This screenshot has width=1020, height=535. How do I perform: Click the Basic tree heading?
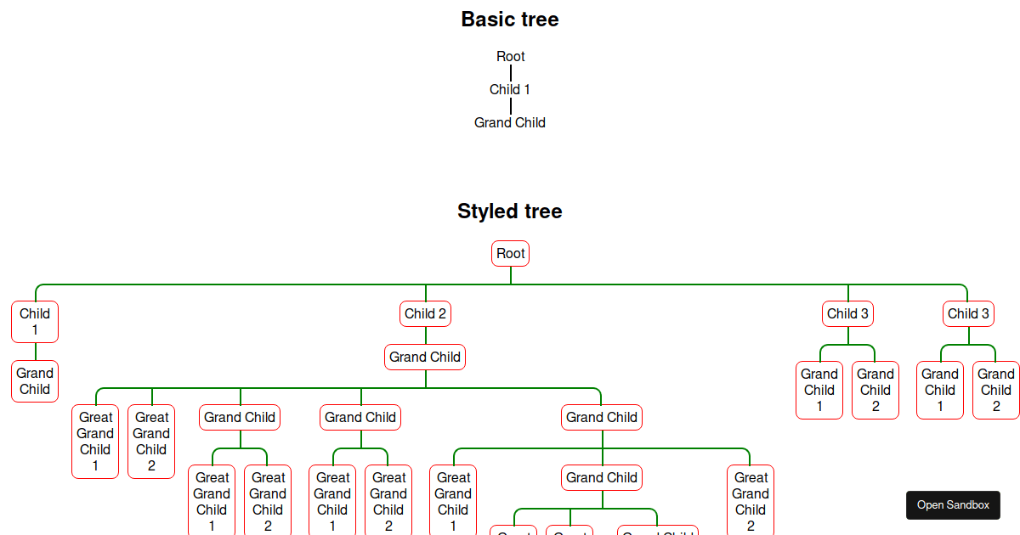point(510,19)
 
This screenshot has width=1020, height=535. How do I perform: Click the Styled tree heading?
point(510,211)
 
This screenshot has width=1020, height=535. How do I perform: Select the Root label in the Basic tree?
point(511,56)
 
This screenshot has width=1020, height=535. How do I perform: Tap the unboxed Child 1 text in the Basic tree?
point(510,89)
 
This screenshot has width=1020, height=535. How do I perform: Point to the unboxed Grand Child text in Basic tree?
point(510,122)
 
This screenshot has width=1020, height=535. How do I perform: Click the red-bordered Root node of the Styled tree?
point(511,253)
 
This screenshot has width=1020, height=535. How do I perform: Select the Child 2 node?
point(425,313)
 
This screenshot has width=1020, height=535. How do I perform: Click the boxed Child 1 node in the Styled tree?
point(35,321)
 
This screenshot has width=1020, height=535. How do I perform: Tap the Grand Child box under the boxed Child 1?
point(35,381)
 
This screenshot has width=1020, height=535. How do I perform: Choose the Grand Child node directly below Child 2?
point(425,357)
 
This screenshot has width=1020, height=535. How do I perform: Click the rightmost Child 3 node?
point(969,313)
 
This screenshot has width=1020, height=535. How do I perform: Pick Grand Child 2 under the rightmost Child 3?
point(996,390)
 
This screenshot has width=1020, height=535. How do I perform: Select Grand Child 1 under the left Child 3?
point(819,390)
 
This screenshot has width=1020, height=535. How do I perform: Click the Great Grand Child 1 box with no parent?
point(95,441)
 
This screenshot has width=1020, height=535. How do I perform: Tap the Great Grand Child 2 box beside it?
point(151,441)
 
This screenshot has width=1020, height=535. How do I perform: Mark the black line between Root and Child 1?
point(511,73)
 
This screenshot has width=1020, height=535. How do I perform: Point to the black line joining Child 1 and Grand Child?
point(511,106)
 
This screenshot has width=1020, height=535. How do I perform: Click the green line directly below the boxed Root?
point(511,275)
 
